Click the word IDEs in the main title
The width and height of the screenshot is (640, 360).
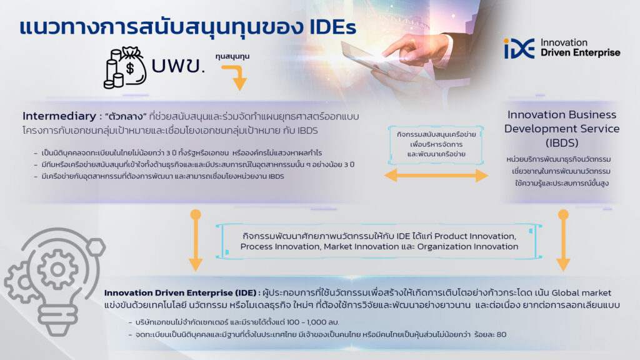click(332, 27)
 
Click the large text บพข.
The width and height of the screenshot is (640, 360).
click(178, 65)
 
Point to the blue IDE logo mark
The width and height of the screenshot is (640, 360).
click(519, 49)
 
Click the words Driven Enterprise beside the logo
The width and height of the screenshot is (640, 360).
click(580, 52)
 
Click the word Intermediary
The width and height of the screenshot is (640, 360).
click(59, 116)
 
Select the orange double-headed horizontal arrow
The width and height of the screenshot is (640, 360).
click(436, 176)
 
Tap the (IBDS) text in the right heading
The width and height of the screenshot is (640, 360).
click(562, 143)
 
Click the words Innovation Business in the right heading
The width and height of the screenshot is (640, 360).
click(562, 115)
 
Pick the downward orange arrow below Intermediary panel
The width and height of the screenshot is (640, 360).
click(196, 240)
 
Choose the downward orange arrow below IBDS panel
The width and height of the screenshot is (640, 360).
click(563, 240)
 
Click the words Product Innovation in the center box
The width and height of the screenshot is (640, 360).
click(475, 236)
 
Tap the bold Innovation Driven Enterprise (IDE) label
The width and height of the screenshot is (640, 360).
click(180, 292)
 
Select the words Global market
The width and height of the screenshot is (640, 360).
click(581, 292)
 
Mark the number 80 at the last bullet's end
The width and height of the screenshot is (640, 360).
click(502, 335)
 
